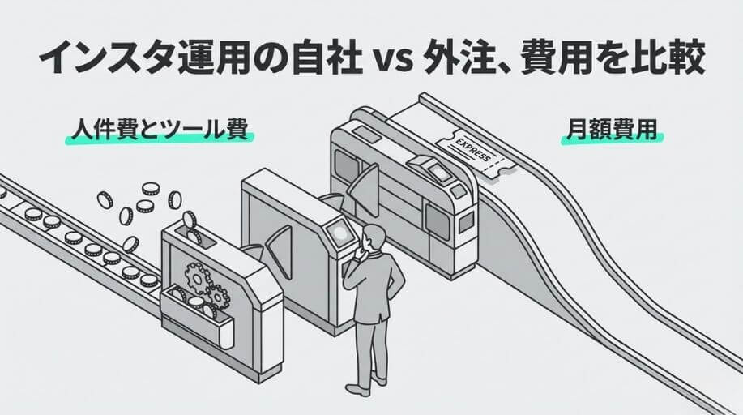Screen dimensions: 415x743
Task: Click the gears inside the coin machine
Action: [x=207, y=280]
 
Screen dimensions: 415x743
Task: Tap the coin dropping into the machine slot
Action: [x=190, y=220]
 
